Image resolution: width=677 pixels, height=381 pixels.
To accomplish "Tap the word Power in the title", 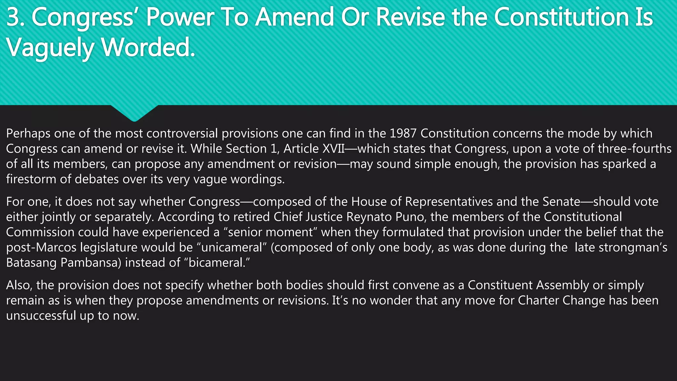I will pos(180,17).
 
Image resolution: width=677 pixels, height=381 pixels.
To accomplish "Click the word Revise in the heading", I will pos(410,17).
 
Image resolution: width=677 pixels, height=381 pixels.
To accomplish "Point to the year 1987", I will pos(403,133).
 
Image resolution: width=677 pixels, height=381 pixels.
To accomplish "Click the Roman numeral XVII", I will pos(333,148).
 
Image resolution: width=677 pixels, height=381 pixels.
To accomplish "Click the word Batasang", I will pos(31,263).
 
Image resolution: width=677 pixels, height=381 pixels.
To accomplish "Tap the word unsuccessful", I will pos(41,316).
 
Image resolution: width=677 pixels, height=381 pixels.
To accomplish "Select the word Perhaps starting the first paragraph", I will pos(28,134).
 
